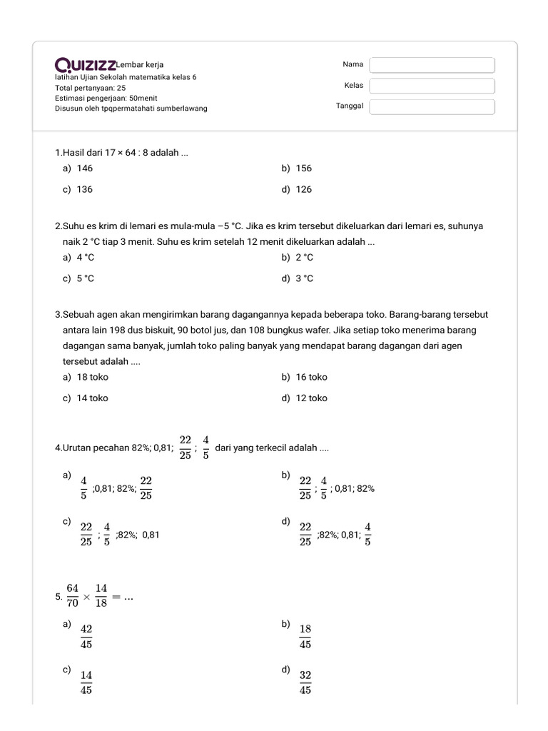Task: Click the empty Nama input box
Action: click(x=432, y=65)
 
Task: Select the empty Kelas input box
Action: click(x=432, y=86)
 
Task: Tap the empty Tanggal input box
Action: click(x=432, y=107)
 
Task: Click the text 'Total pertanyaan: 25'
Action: click(x=90, y=88)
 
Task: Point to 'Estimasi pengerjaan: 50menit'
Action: click(x=106, y=98)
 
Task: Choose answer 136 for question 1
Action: click(x=84, y=189)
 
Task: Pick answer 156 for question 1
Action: click(x=303, y=168)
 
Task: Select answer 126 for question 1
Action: click(x=303, y=189)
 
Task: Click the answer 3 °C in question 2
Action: click(x=304, y=278)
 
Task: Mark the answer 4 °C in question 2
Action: click(x=85, y=257)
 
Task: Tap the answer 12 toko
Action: click(x=311, y=398)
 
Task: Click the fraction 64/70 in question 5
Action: click(x=73, y=595)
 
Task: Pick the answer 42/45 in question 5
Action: click(x=86, y=636)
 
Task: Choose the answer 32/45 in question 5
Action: click(x=305, y=682)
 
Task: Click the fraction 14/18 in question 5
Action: click(x=101, y=595)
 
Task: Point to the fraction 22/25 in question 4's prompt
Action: click(x=186, y=448)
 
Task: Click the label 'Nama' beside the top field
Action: click(x=352, y=64)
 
